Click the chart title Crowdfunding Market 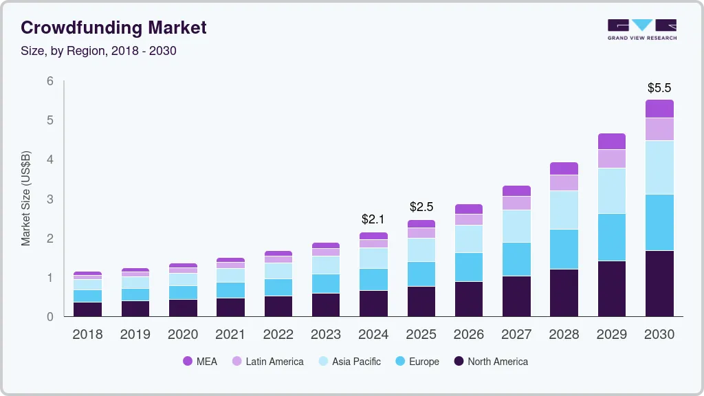click(113, 27)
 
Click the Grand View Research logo click(641, 29)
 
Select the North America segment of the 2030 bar click(659, 283)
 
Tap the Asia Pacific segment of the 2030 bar click(659, 168)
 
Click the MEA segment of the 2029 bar click(611, 142)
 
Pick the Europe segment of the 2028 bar click(564, 249)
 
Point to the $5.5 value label click(659, 88)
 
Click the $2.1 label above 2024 click(373, 219)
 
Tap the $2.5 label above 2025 click(421, 206)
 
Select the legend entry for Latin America click(274, 362)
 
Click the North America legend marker click(459, 362)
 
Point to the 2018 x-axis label click(87, 335)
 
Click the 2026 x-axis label click(469, 335)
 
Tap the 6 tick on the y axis click(49, 81)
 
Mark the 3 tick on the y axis click(49, 199)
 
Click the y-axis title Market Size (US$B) click(26, 197)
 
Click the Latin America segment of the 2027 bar click(516, 203)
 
